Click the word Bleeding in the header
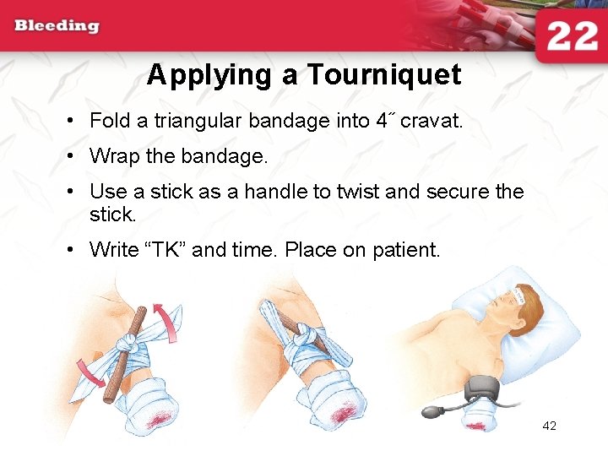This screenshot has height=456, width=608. pos(57,25)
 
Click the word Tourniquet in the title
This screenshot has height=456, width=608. pos(383,75)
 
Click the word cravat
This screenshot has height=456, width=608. pos(431,121)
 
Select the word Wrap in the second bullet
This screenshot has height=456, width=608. pos(111,156)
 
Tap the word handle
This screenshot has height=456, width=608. pos(274,192)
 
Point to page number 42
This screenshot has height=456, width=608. pos(549,426)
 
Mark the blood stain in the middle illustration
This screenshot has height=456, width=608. pos(345,413)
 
